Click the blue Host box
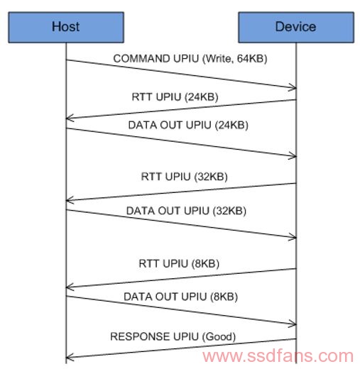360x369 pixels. [x=66, y=27]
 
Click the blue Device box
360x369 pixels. [x=296, y=27]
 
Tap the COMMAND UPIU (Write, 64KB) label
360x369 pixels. [x=190, y=59]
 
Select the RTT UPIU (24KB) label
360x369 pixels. [x=175, y=97]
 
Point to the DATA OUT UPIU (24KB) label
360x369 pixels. [x=188, y=125]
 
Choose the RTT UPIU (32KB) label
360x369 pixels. [x=184, y=177]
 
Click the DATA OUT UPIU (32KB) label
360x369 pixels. [x=186, y=211]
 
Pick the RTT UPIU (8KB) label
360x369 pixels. [x=179, y=264]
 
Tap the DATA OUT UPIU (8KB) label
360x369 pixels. [x=181, y=297]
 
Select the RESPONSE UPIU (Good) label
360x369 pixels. [x=173, y=336]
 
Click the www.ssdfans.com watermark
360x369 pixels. [x=278, y=356]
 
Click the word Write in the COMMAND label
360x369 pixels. [x=218, y=59]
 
